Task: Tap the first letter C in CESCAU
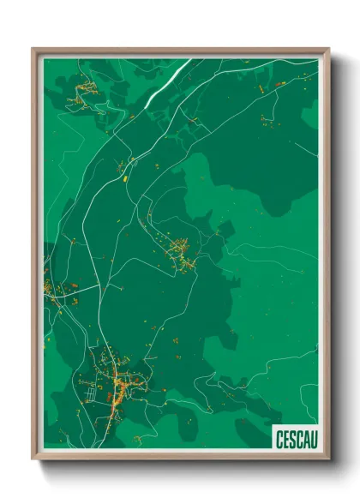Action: (280, 437)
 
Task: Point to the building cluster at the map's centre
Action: (182, 254)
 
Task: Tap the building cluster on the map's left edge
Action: (53, 291)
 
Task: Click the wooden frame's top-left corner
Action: (34, 50)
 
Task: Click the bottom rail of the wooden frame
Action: (180, 454)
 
